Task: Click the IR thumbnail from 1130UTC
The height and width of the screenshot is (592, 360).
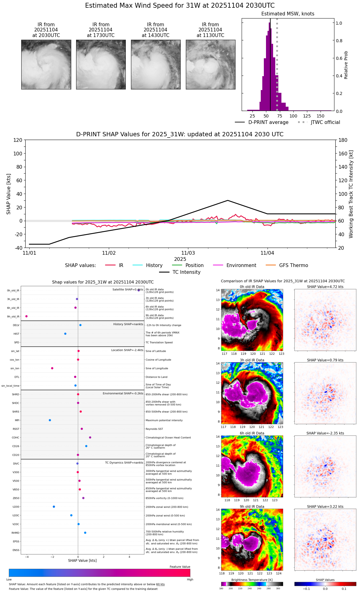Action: pos(211,64)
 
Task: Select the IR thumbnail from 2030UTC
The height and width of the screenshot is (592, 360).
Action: pos(46,64)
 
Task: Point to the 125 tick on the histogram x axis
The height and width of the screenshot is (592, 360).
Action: pos(307,116)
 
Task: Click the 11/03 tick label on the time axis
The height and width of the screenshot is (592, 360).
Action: pos(188,253)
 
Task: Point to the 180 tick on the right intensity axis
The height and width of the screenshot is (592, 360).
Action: pos(343,140)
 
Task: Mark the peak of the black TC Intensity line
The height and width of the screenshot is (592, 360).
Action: pos(228,200)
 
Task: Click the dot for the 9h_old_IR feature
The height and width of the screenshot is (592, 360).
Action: pos(27,316)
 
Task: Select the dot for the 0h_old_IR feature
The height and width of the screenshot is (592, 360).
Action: pos(139,290)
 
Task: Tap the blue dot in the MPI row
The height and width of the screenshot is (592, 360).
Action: pos(50,420)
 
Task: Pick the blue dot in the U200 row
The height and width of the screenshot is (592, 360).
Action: pos(54,507)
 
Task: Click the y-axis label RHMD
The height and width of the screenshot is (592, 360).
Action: pos(15,533)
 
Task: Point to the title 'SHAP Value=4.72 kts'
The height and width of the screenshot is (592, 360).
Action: pos(325,287)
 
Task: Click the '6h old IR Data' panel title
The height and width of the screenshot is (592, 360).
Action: pos(252,433)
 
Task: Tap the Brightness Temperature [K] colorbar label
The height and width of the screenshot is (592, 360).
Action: pos(252,580)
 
